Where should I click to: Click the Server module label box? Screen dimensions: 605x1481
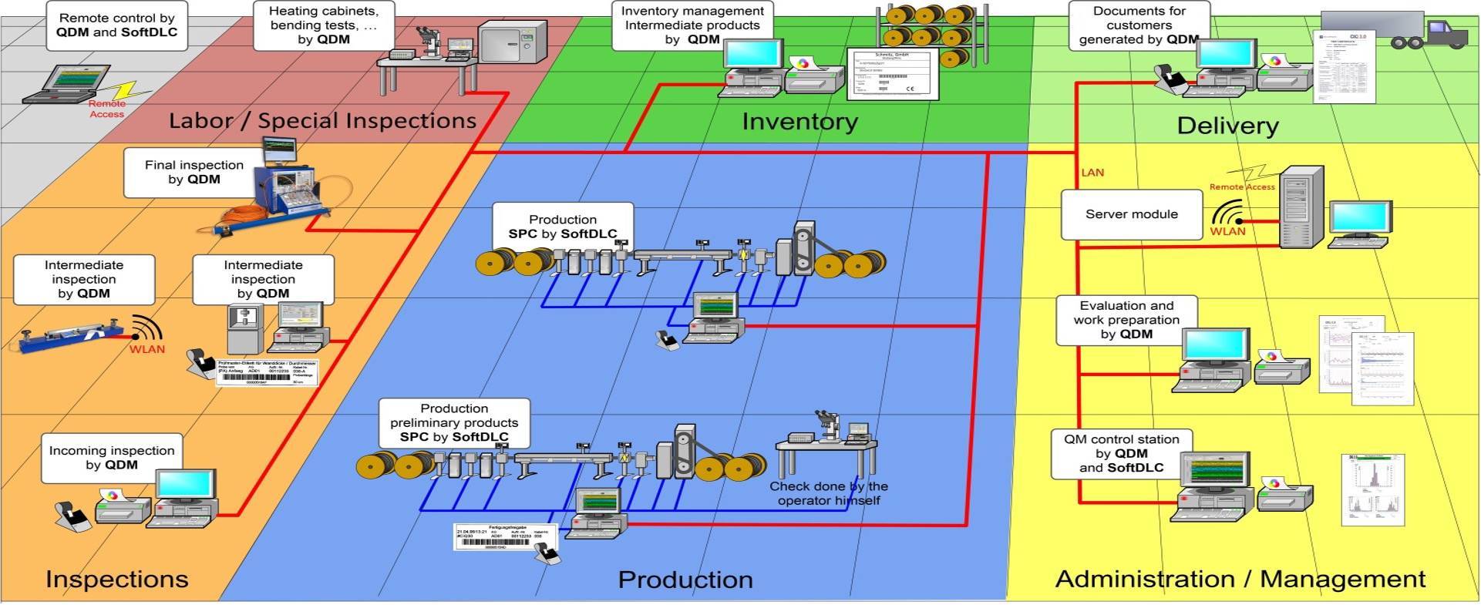1131,215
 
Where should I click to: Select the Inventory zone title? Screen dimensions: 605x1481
799,122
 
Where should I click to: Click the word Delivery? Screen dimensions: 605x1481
1227,126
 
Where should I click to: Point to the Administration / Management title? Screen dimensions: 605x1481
1240,579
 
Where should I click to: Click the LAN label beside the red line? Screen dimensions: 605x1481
1092,173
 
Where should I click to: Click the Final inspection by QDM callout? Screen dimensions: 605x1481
194,173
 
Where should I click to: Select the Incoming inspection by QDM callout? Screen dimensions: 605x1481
112,458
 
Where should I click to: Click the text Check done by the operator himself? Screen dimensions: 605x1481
829,493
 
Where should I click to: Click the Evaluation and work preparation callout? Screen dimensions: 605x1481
1126,320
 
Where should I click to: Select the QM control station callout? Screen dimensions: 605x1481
1121,453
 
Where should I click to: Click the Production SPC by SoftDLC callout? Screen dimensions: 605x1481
563,227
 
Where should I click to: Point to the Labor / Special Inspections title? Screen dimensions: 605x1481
322,121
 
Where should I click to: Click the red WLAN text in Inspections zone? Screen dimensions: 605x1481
146,349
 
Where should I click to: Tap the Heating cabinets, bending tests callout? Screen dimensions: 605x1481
324,25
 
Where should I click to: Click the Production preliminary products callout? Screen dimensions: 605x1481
454,422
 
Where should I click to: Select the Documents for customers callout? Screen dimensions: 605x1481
1139,25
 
